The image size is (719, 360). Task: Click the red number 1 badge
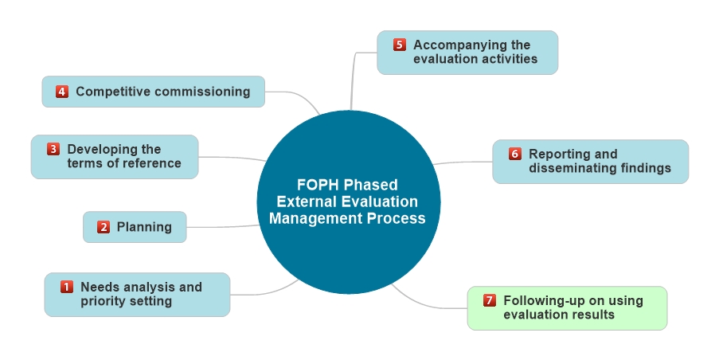[67, 287]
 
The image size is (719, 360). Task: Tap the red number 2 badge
[104, 227]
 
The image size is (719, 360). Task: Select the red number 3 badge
[53, 149]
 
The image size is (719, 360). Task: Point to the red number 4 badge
[62, 92]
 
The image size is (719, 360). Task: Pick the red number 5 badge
[400, 45]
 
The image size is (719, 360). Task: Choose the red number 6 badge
[515, 154]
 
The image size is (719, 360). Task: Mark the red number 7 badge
[490, 300]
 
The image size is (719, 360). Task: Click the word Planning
[144, 227]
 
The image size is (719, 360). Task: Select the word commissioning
[202, 92]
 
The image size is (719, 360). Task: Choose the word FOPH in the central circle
[313, 185]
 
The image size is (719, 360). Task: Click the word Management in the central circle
[311, 218]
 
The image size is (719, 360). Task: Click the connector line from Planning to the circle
[223, 227]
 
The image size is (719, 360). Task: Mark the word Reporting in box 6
[562, 154]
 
